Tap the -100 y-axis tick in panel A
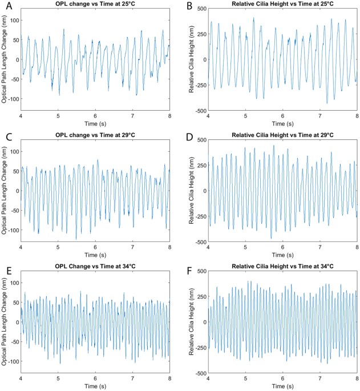(14, 99)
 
